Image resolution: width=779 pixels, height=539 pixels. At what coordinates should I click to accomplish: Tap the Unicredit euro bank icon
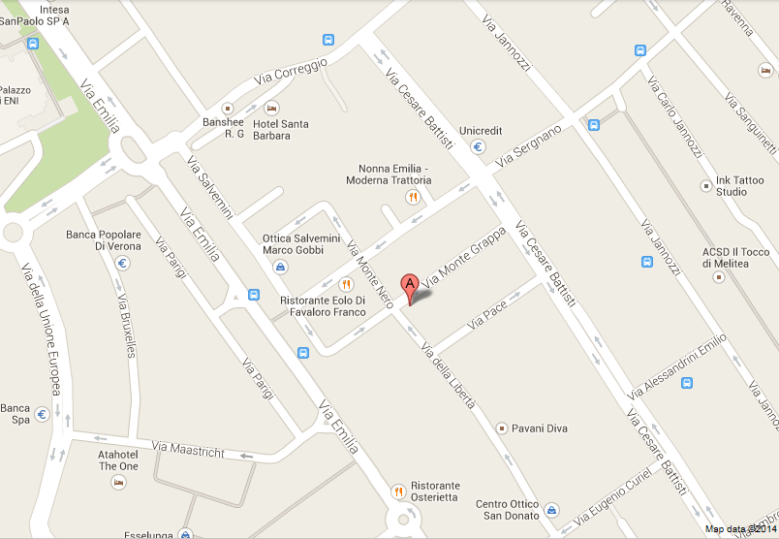(479, 147)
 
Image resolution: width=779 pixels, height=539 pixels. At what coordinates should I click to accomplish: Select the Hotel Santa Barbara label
(280, 129)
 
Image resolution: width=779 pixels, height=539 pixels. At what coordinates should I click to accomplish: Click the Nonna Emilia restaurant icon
(413, 197)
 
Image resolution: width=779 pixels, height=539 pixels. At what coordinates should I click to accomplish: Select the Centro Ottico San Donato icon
(551, 510)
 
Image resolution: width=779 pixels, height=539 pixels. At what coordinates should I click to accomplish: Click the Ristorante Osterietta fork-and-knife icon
(397, 491)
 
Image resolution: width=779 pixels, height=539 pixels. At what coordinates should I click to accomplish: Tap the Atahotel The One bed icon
(118, 482)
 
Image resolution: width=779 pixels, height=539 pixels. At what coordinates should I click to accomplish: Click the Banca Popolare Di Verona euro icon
(123, 263)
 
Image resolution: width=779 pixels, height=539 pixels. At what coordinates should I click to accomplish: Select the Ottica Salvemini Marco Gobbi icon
(280, 267)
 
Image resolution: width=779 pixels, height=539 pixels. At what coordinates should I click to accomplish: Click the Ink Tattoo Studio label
(745, 186)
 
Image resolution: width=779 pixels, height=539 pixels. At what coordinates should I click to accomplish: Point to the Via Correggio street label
(292, 69)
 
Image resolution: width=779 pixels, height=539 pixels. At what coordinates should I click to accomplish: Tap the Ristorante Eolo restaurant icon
(346, 284)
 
